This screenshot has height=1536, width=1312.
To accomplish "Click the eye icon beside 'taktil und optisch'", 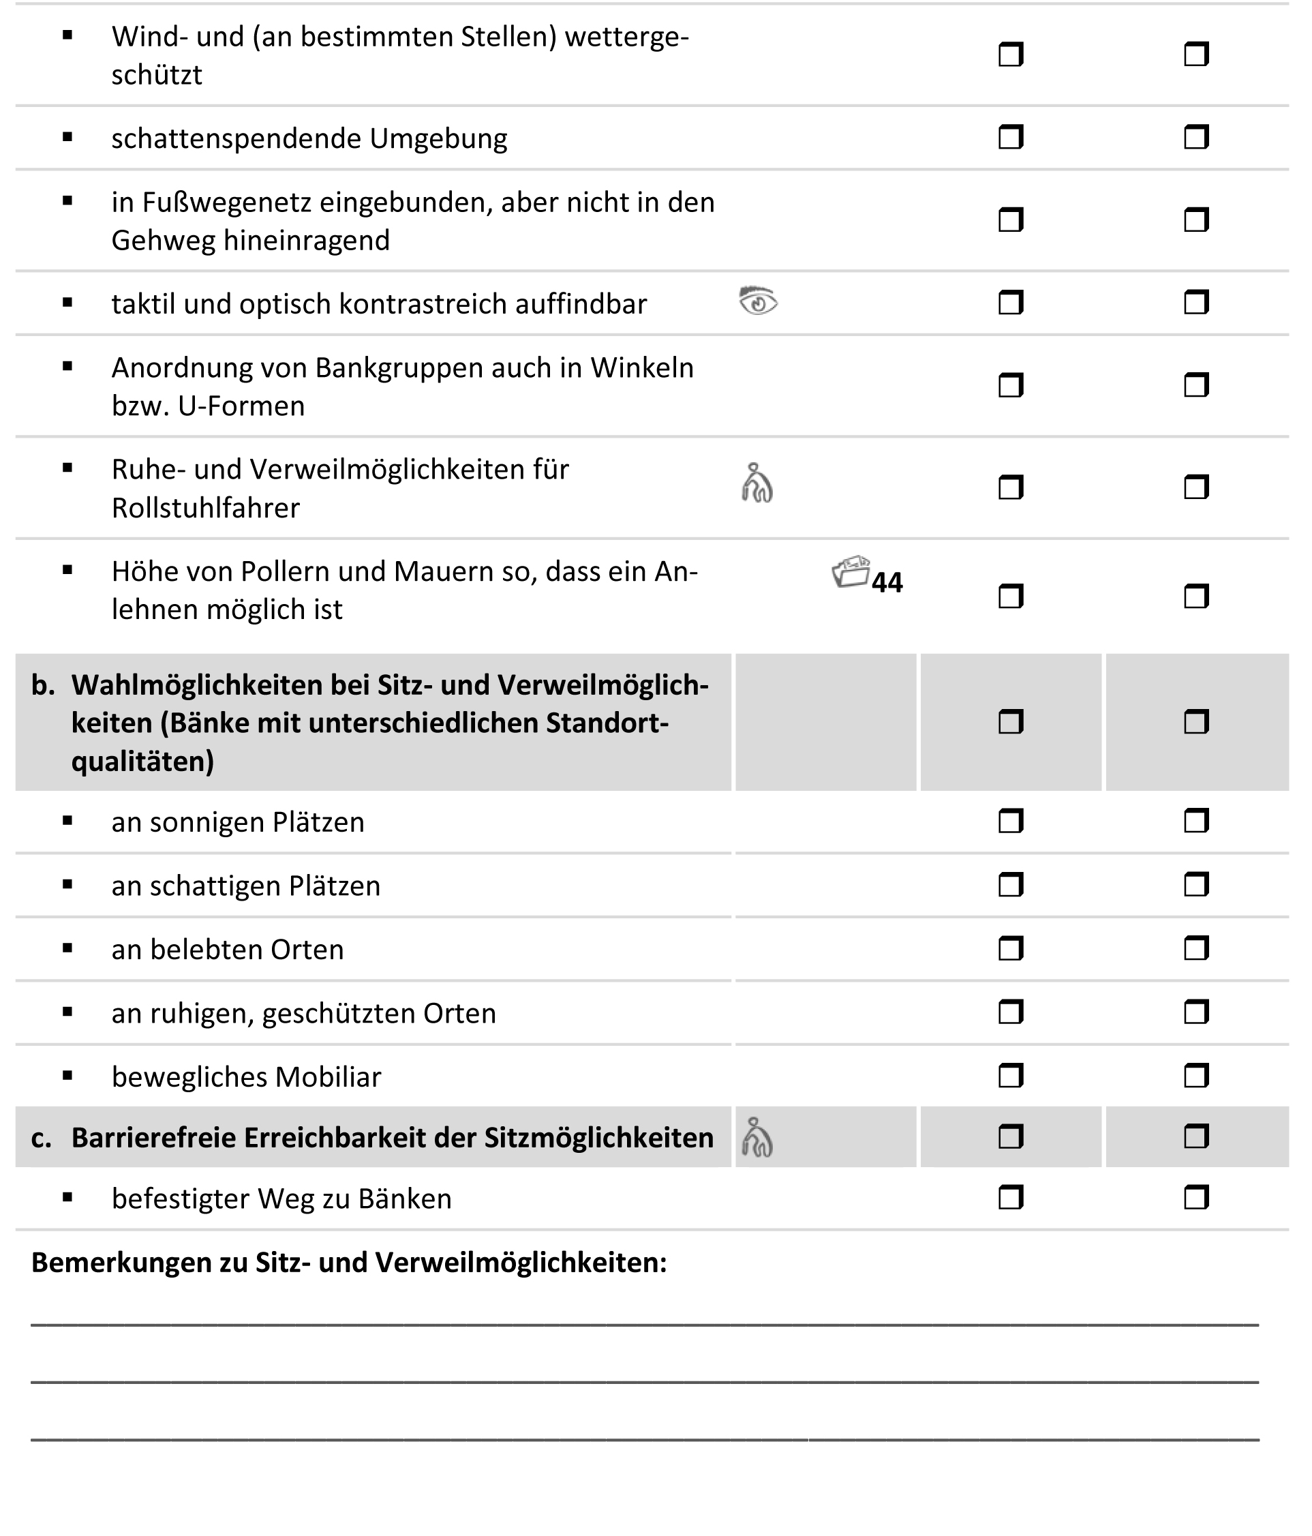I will (x=757, y=302).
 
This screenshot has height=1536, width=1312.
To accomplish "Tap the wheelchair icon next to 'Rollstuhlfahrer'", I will (x=757, y=483).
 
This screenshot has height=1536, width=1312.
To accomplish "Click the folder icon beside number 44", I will (x=850, y=572).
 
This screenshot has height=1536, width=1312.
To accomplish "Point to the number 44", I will (x=887, y=583).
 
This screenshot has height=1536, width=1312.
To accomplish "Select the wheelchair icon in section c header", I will (x=757, y=1137).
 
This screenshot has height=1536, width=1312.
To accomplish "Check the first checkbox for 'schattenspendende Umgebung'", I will (x=1010, y=137).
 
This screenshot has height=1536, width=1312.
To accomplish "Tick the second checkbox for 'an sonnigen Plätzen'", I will (x=1195, y=822).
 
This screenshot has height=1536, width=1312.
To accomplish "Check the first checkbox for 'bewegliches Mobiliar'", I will (x=1010, y=1076).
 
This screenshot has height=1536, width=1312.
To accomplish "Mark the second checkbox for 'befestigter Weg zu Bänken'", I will (x=1195, y=1198).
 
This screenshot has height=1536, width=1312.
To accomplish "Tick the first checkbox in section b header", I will (x=1010, y=722).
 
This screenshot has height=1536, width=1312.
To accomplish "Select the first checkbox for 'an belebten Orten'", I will (x=1010, y=949).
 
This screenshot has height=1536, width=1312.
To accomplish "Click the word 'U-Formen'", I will (x=242, y=406).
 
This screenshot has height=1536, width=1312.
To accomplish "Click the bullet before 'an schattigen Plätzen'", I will (x=67, y=884).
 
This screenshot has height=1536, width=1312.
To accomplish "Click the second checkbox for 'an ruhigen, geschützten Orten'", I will (x=1195, y=1012).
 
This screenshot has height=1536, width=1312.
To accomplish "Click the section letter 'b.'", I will (x=43, y=686).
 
